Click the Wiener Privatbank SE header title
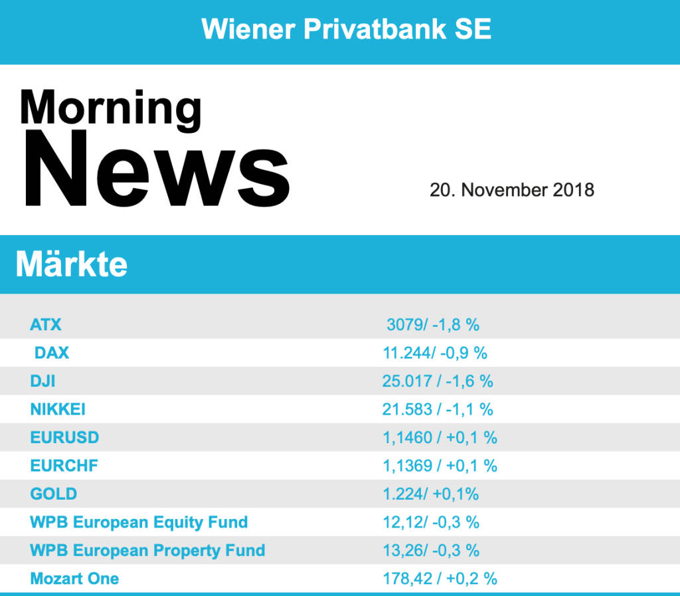pos(346,29)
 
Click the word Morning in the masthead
pos(110,108)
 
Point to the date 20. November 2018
pos(511,190)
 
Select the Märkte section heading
pos(72,264)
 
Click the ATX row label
pos(46,325)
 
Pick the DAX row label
pos(52,353)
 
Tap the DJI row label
pos(42,381)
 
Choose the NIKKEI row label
pos(58,409)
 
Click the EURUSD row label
pos(64,438)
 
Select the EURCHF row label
pos(64,466)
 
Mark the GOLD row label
pos(54,494)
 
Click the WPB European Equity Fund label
pos(139,522)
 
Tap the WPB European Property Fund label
pos(147,550)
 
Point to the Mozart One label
pos(74,579)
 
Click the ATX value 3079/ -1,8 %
pos(433,325)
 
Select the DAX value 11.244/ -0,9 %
pos(435,353)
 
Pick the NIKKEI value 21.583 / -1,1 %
pos(438,409)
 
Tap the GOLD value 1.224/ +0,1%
pos(430,494)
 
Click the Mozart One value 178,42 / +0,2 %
pos(440,579)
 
